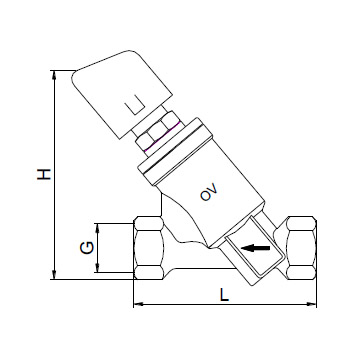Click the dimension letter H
(x=44, y=174)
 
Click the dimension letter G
(x=87, y=248)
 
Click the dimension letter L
(x=224, y=295)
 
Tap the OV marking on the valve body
(x=209, y=192)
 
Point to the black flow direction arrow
(x=255, y=248)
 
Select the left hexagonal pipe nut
(x=149, y=248)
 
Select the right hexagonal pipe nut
(x=301, y=248)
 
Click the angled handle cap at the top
(x=122, y=93)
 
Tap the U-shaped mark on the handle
(x=135, y=104)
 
